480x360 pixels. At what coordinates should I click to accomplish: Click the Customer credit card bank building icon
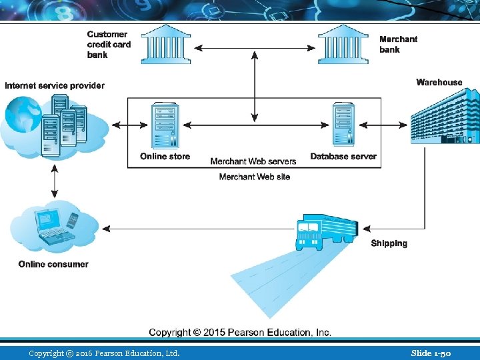pyautogui.click(x=165, y=45)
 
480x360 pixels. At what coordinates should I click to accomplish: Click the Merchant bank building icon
pyautogui.click(x=343, y=45)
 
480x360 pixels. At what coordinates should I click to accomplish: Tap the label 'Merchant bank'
pyautogui.click(x=398, y=44)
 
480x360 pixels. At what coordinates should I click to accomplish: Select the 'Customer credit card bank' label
pyautogui.click(x=109, y=44)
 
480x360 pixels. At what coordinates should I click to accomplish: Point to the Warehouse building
pyautogui.click(x=444, y=117)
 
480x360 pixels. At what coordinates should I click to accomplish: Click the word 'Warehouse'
pyautogui.click(x=439, y=83)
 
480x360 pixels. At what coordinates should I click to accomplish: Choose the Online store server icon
pyautogui.click(x=165, y=125)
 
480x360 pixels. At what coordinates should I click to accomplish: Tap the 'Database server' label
pyautogui.click(x=343, y=157)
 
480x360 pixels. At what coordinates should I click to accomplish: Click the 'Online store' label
pyautogui.click(x=165, y=157)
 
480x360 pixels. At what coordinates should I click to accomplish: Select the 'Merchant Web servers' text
pyautogui.click(x=253, y=161)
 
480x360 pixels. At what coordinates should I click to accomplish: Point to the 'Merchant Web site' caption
pyautogui.click(x=255, y=177)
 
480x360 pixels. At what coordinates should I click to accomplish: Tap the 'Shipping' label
pyautogui.click(x=389, y=243)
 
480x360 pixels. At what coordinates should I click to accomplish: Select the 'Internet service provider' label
pyautogui.click(x=55, y=85)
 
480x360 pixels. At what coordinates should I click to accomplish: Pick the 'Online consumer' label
pyautogui.click(x=53, y=264)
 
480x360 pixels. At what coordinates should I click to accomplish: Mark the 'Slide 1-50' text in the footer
pyautogui.click(x=431, y=353)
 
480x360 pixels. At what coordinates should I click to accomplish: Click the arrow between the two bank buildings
pyautogui.click(x=254, y=47)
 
